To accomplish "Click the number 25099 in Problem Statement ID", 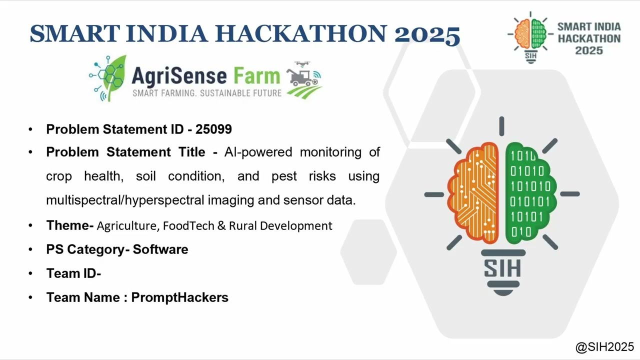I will point(213,129).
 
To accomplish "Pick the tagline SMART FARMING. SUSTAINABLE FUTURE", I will point(207,93).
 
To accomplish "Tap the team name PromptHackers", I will point(179,297).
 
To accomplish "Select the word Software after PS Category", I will point(160,249).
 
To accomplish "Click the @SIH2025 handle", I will point(604,346).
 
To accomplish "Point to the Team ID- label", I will point(73,273).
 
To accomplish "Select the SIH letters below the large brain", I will point(502,268).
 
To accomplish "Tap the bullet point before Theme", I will point(31,226).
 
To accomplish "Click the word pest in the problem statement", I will point(284,176).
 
